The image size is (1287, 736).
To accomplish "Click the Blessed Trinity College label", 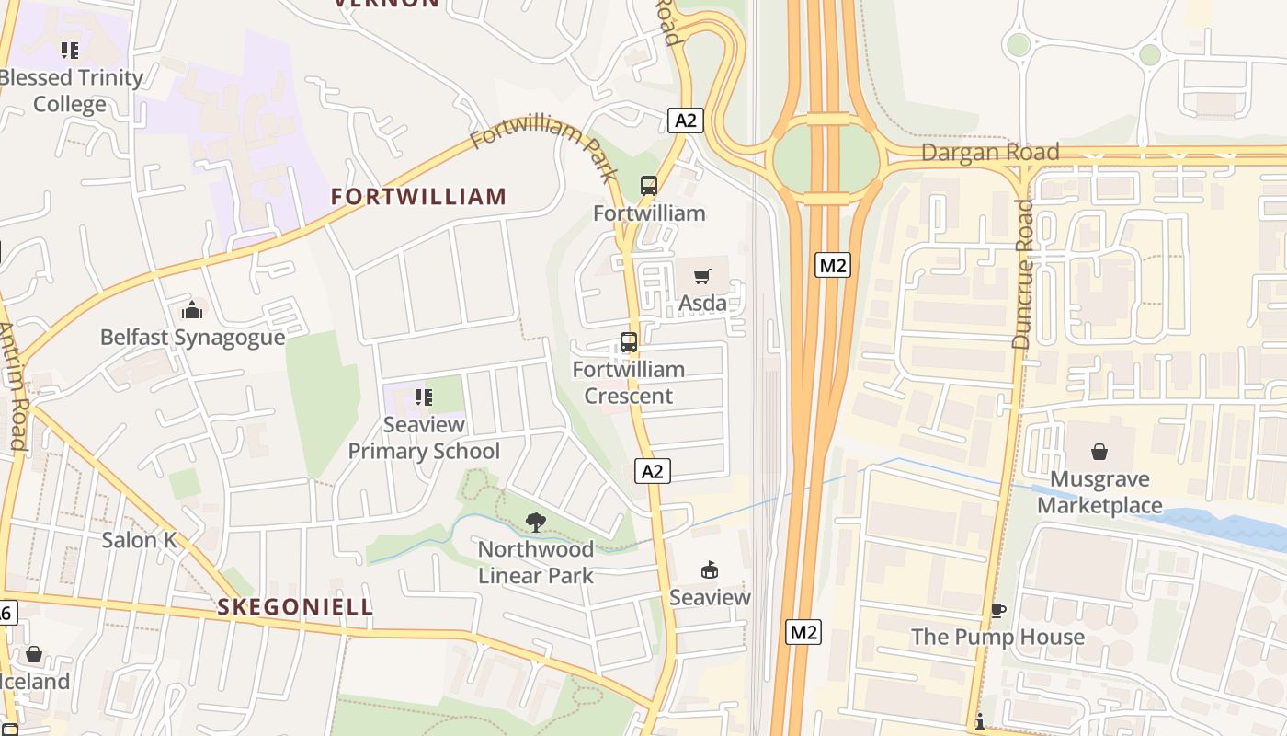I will coord(70,91).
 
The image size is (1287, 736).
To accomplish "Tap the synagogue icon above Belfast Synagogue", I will coord(191,310).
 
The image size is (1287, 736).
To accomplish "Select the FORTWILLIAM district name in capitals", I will coord(418,196).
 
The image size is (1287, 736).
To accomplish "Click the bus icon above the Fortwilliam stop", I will coord(649,186).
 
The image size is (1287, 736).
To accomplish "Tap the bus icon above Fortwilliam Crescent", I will coord(629,342).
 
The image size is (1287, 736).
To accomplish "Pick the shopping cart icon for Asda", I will coord(702,276).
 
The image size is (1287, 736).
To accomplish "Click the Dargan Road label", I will coord(990,153).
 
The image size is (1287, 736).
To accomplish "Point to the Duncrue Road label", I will coord(1022,274).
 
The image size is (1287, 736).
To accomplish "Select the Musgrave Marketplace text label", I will coord(1099,492).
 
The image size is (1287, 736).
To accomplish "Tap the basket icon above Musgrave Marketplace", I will coord(1099,452).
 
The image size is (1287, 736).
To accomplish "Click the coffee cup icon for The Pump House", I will coord(997,610).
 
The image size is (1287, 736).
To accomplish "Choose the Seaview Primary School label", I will coord(424,438).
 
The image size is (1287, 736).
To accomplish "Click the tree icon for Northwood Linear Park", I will coord(535,523).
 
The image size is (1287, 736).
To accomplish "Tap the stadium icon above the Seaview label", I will coord(709,570).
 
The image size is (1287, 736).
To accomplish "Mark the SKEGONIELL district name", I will coord(295,607).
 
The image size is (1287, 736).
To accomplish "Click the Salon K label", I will coord(139,540).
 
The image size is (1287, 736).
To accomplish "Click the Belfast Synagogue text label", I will coord(192,338).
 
